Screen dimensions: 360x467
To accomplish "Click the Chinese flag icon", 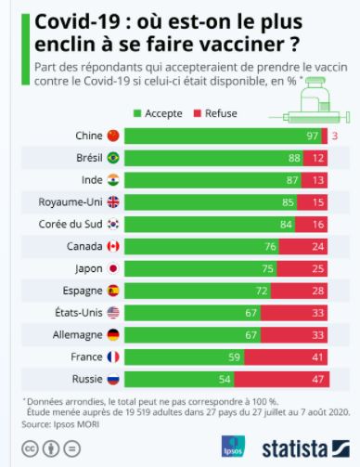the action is point(113,136).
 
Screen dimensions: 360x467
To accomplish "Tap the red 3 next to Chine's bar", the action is point(335,136).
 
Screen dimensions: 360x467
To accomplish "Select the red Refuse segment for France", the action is point(286,357).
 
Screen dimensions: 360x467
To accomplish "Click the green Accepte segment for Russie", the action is point(179,380).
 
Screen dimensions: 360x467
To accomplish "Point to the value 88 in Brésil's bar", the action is point(294,158).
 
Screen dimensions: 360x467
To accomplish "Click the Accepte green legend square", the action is point(137,113).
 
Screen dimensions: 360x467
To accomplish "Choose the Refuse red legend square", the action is point(198,113).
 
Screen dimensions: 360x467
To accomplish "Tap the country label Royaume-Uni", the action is point(71,202).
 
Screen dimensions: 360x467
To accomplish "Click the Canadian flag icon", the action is point(113,246).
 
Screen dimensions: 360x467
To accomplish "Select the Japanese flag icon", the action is point(113,268).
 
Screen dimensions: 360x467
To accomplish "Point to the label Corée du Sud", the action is point(71,225).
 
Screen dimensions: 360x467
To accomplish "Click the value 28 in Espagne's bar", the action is point(318,291).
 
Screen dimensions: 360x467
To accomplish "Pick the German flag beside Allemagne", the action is point(113,335).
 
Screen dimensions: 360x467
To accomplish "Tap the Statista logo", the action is point(306,448).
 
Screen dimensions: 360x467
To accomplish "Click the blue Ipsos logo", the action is point(233,446).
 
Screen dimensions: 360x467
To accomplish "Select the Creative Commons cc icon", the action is point(30,448).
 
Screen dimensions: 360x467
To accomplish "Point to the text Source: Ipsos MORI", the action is point(60,424).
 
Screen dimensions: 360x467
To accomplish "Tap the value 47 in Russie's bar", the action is point(318,380).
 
